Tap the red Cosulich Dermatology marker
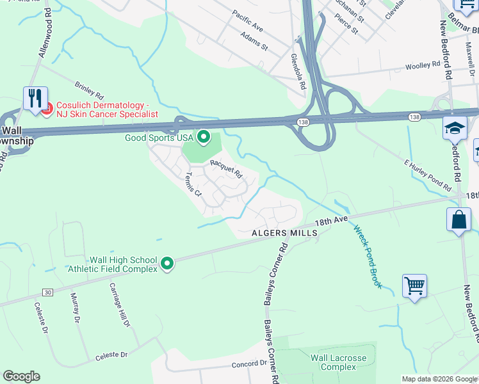tap(46, 110)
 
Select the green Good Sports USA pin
tap(204, 136)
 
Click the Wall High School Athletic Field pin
tap(166, 264)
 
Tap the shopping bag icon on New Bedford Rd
tap(459, 220)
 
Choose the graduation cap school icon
tap(455, 127)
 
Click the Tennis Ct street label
tap(193, 185)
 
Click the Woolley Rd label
tap(423, 66)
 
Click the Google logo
tap(21, 376)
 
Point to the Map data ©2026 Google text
tap(439, 379)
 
